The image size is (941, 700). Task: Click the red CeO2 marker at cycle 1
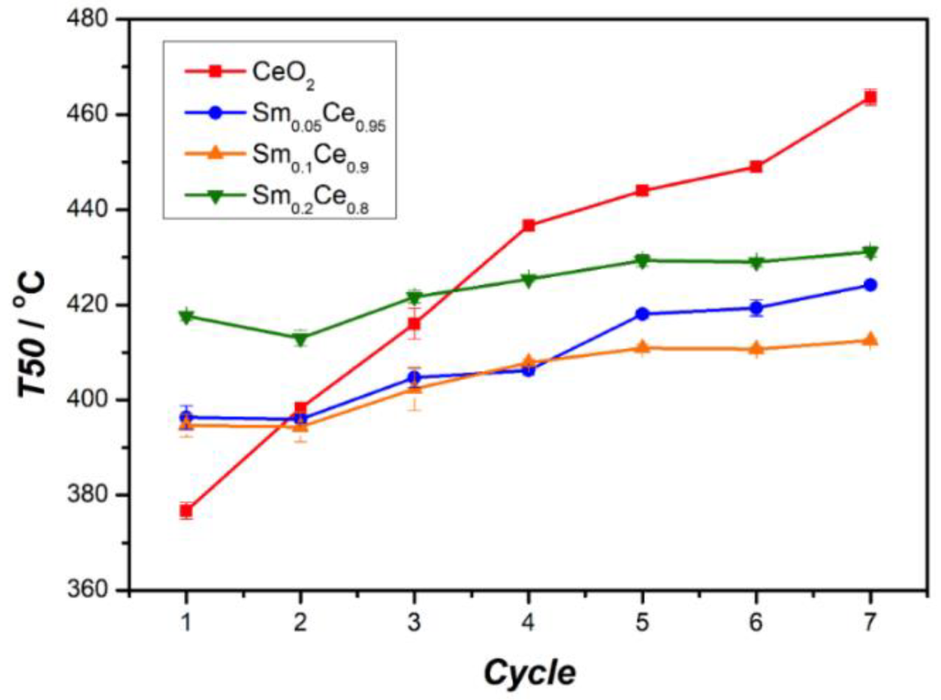186,511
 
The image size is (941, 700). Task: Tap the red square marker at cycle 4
529,225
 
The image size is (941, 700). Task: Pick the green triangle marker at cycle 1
186,316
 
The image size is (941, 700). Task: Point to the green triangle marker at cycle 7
870,252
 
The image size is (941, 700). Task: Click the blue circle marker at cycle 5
642,314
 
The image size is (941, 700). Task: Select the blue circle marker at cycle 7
870,285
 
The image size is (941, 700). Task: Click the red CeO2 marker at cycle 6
756,167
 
